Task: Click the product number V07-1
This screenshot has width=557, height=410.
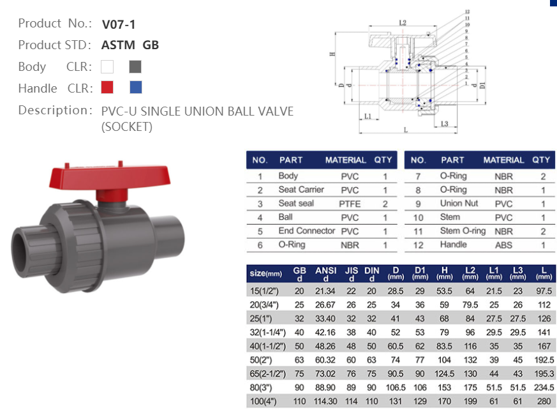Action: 119,25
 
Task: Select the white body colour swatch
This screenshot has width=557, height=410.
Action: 107,66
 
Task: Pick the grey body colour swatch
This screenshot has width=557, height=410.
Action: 135,66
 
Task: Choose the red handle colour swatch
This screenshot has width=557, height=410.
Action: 107,87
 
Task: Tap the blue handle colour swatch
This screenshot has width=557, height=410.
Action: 135,87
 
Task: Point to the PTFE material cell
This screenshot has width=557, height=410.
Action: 349,204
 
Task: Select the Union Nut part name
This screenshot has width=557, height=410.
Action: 459,204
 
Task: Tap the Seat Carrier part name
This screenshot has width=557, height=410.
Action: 301,190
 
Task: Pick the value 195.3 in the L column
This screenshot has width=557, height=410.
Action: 542,374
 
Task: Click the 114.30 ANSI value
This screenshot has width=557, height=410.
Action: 325,402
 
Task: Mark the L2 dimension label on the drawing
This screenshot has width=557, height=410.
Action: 403,23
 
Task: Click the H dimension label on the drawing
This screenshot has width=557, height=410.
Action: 333,54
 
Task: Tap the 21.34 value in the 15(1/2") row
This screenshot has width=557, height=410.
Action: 325,290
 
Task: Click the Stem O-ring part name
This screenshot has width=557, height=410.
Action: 463,231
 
